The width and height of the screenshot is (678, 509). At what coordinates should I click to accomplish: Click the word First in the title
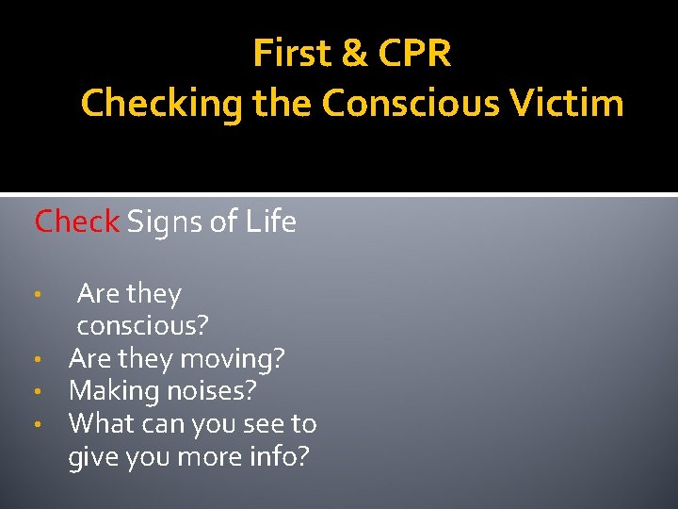click(291, 54)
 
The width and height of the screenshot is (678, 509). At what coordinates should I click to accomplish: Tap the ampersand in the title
click(355, 54)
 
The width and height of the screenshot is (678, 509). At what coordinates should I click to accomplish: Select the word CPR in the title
click(414, 54)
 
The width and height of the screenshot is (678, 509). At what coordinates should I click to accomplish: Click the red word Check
click(76, 222)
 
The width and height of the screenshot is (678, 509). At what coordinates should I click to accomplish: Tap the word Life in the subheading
click(271, 222)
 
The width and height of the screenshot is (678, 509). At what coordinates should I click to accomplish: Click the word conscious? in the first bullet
click(143, 326)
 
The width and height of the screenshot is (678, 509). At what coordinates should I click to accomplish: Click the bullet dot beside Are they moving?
click(35, 360)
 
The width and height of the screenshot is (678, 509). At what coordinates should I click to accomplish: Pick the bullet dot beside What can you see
click(35, 425)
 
